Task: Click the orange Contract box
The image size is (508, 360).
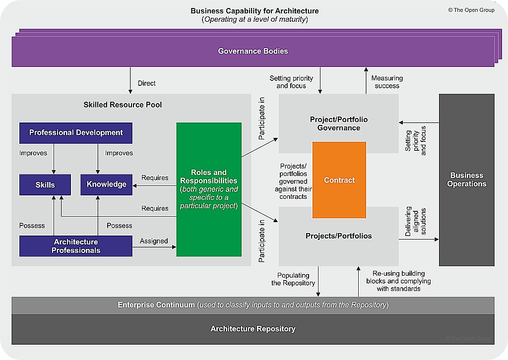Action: point(339,180)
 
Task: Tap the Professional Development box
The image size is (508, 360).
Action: point(76,133)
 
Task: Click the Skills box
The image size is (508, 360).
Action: point(45,184)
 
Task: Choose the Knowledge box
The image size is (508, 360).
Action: point(107,184)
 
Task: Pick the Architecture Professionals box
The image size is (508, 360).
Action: point(76,246)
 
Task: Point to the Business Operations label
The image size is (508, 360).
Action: point(466,180)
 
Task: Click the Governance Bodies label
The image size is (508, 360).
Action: point(253,51)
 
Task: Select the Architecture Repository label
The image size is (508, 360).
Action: point(253,329)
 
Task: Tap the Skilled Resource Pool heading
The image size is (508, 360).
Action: point(123,105)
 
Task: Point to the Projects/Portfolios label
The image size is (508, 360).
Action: point(339,236)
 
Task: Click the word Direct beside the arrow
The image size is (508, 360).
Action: point(147,83)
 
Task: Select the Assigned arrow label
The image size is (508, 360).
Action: point(154,241)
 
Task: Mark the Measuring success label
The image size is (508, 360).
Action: point(387,82)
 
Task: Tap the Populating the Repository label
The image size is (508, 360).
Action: point(293,279)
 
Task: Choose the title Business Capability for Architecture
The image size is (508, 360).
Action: point(255,11)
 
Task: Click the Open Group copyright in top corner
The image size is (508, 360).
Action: point(471,10)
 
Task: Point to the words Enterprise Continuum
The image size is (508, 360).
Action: point(156,305)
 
